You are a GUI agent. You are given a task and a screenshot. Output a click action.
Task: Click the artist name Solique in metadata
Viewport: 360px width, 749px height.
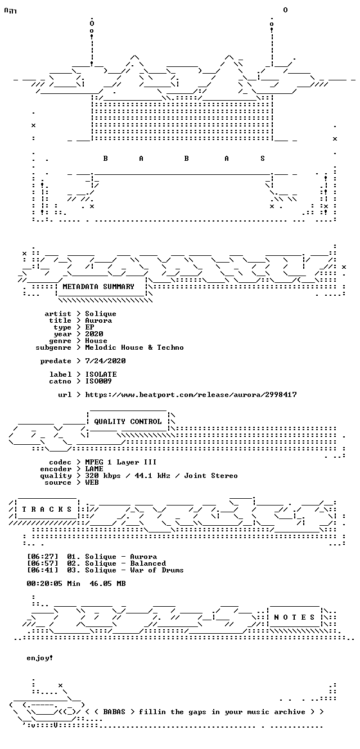click(100, 314)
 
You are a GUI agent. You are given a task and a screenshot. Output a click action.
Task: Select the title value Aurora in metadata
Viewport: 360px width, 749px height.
click(98, 321)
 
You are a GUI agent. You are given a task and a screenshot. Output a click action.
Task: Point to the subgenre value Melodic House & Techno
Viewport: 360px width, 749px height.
click(134, 348)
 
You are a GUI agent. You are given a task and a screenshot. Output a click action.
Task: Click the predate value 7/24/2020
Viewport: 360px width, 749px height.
click(105, 361)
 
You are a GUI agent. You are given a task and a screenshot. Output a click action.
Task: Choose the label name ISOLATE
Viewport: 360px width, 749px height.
click(101, 374)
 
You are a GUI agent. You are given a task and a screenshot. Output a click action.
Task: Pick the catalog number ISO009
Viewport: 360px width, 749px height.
click(98, 381)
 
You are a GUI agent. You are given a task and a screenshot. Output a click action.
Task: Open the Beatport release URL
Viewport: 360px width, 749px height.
click(191, 395)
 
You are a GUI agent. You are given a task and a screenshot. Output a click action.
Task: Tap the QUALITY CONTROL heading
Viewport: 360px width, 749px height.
click(128, 422)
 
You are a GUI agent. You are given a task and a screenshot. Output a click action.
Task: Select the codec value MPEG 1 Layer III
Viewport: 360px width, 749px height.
click(120, 462)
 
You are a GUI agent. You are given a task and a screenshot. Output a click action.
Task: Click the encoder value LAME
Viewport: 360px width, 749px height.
click(94, 469)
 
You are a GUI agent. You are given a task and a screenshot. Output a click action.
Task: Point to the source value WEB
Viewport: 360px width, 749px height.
click(92, 482)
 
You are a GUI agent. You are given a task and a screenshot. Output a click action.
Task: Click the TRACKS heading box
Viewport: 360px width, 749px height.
click(47, 509)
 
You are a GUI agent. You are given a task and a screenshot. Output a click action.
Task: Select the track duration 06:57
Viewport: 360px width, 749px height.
click(43, 563)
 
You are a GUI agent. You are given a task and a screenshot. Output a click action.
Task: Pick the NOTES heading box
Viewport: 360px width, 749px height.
click(294, 617)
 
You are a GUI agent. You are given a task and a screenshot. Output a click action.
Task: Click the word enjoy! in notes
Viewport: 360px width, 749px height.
click(40, 658)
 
